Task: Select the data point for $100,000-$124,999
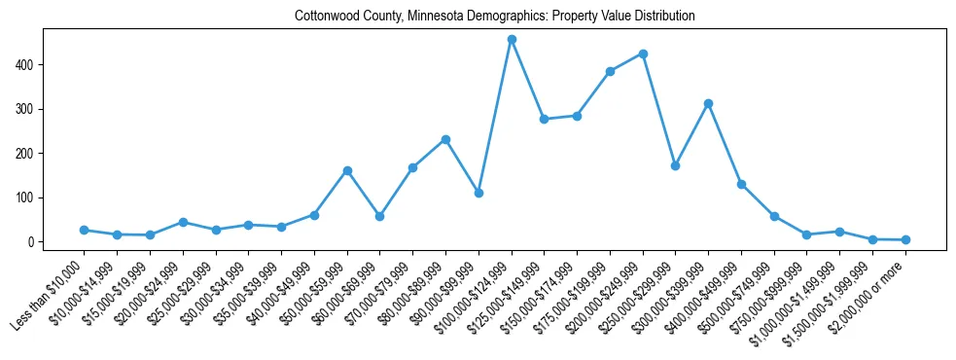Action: tap(512, 40)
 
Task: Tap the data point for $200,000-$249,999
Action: tap(643, 54)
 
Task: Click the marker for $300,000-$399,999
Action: tap(709, 103)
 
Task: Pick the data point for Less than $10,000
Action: tap(85, 230)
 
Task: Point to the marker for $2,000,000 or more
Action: tap(905, 239)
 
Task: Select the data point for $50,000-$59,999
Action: tap(347, 170)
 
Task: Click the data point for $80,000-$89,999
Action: tap(445, 139)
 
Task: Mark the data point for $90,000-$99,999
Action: tap(478, 193)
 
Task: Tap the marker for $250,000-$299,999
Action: tap(676, 165)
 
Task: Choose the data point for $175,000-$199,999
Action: tap(610, 71)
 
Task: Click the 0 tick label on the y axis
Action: tap(32, 242)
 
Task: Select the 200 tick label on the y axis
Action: tap(27, 154)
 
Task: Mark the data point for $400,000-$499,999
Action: tap(741, 184)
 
